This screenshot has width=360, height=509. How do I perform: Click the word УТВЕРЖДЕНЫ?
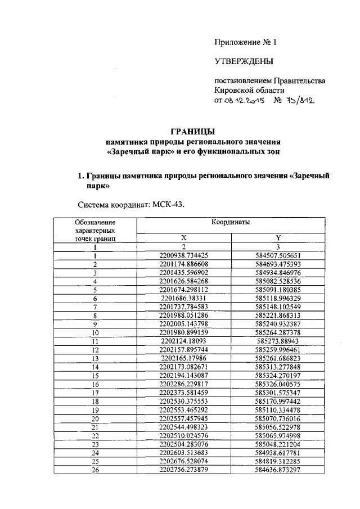[244, 61]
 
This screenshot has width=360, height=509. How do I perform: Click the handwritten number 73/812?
[301, 101]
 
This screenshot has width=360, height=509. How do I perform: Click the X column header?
[183, 238]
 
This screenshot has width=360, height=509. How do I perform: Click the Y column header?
[278, 238]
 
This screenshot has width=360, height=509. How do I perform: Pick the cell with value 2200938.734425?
[183, 255]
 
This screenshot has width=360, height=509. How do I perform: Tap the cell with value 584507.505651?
[278, 255]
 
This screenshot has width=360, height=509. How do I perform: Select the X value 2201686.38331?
[183, 298]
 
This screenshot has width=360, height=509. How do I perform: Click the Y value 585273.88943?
[278, 341]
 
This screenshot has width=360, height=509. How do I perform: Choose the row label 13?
[95, 358]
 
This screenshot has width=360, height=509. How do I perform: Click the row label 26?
[95, 470]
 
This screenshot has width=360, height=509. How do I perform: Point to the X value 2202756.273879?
[183, 470]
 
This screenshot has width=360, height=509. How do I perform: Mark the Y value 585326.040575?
[278, 384]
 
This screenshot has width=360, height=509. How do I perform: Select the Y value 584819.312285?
[278, 461]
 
